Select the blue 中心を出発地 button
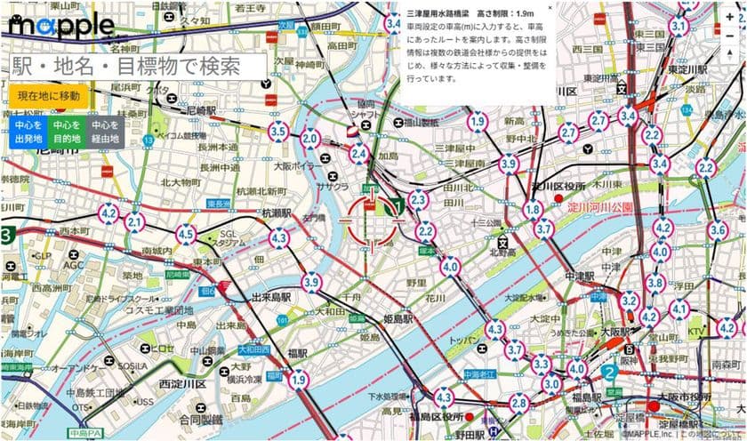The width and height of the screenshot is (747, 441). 22,132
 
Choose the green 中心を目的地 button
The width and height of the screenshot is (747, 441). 64,132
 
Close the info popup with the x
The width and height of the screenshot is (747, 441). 550,8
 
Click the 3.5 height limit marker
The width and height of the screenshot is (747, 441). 277,132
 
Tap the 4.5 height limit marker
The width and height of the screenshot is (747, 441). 186,235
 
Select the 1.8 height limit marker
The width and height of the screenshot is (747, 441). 532,210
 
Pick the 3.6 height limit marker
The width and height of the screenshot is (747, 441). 717,231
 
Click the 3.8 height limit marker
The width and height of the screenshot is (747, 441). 655,283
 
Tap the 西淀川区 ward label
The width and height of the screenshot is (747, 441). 182,384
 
